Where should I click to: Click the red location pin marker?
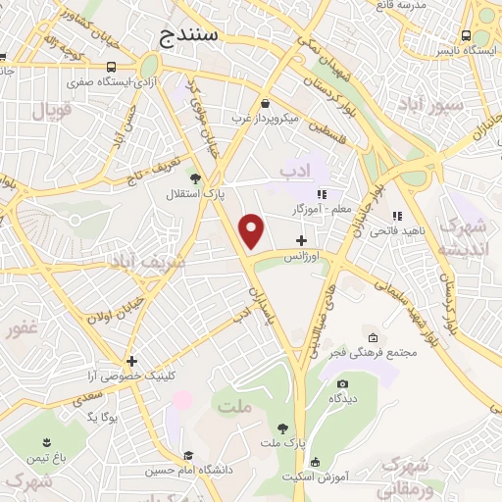(x=253, y=229)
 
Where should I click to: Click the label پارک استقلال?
(x=194, y=194)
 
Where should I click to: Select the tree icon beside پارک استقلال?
(x=195, y=178)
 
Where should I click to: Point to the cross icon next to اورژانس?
(x=301, y=240)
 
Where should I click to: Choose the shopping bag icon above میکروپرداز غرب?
(x=266, y=103)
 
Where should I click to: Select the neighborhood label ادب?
(x=293, y=172)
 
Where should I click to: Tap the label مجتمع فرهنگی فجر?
(x=383, y=352)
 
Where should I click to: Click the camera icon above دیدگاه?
(x=342, y=383)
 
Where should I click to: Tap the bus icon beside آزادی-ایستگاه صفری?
(x=115, y=67)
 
